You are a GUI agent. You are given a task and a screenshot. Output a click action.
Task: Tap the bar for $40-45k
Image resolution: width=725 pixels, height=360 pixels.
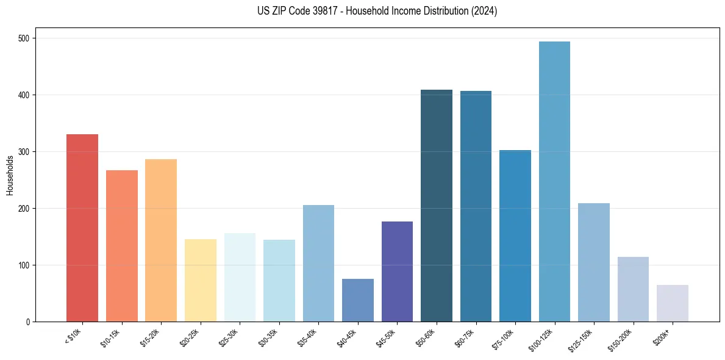(x=358, y=300)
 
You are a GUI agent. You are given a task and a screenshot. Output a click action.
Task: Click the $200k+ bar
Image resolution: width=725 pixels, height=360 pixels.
(x=673, y=303)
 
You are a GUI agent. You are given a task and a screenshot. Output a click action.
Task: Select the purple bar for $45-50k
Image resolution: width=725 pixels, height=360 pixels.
(x=397, y=272)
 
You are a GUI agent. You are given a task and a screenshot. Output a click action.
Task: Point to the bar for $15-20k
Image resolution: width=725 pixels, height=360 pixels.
(x=161, y=240)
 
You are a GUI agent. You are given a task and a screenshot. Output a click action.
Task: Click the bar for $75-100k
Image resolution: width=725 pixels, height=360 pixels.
(x=515, y=236)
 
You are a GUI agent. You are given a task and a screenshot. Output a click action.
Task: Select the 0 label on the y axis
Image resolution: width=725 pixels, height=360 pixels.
(x=29, y=322)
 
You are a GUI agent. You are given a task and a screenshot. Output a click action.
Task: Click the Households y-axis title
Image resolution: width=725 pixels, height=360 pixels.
(x=10, y=175)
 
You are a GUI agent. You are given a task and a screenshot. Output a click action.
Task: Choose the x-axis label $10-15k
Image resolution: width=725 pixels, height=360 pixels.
(x=110, y=337)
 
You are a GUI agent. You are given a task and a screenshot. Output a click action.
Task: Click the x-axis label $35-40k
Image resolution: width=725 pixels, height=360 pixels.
(x=307, y=337)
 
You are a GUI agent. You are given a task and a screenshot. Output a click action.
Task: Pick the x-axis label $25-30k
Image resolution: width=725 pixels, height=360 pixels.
(x=229, y=337)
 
